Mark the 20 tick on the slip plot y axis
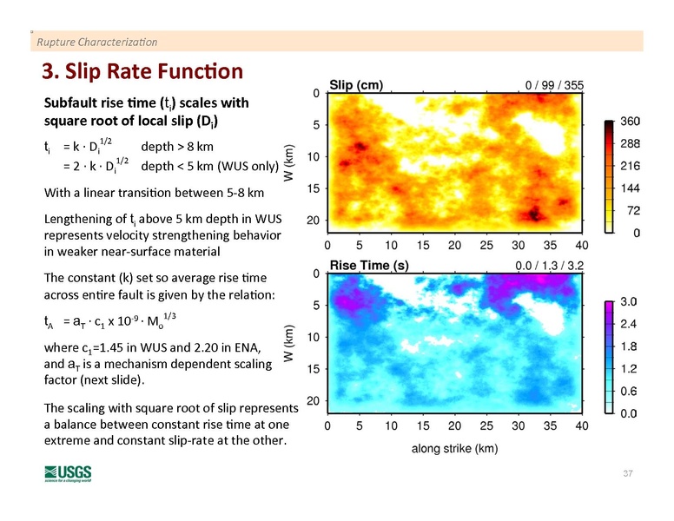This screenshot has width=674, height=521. pyautogui.click(x=311, y=220)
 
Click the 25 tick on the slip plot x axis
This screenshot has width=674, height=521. pyautogui.click(x=486, y=245)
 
